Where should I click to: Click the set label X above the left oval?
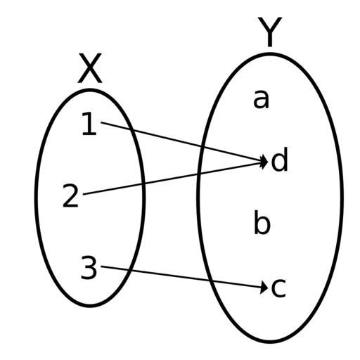pos(90,68)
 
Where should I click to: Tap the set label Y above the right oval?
pos(270,32)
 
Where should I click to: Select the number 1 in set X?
pos(89,124)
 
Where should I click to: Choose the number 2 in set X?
pos(70,195)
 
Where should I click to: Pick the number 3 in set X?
pos(89,268)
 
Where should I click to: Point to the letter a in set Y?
pos(261,100)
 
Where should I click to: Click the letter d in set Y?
pos(279,159)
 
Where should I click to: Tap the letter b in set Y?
pos(262,222)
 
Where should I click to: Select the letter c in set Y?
pos(278,288)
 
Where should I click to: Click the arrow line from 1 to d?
pos(184,142)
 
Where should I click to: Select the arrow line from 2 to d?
pos(175,178)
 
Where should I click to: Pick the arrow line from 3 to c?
pos(184,277)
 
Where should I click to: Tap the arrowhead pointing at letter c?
pos(264,288)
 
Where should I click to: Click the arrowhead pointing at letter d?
pos(265,162)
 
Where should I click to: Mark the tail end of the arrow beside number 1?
pos(101,122)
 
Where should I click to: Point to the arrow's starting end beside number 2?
pos(84,194)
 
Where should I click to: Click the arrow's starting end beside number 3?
pos(101,266)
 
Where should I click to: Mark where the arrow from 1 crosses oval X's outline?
pos(130,129)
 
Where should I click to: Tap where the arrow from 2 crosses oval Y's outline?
pos(198,174)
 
